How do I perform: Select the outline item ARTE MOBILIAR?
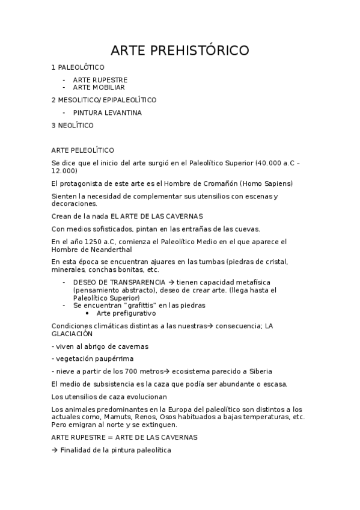point(99,87)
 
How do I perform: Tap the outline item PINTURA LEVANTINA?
point(107,112)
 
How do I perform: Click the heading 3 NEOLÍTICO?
point(72,125)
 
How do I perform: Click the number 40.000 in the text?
point(267,163)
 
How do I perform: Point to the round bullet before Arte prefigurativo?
point(88,313)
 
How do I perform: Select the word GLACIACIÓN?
point(72,333)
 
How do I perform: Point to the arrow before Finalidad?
point(55,450)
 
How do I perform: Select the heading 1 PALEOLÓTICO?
point(78,67)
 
